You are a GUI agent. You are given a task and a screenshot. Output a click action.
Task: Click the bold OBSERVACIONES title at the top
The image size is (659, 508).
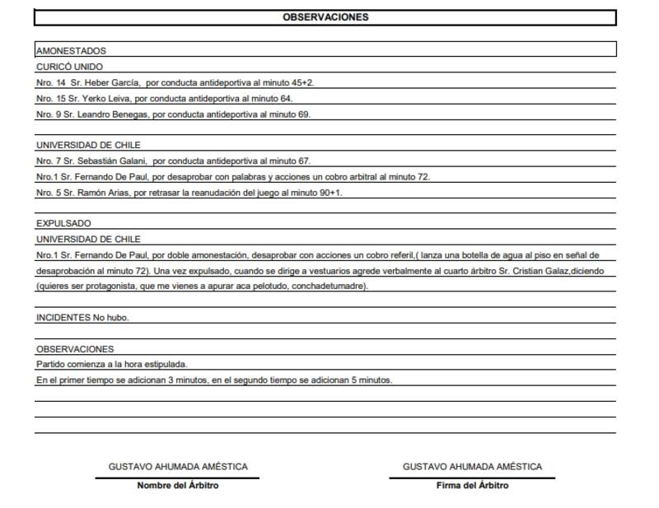pyautogui.click(x=325, y=16)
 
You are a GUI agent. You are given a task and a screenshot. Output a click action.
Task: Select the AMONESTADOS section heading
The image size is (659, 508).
pyautogui.click(x=71, y=51)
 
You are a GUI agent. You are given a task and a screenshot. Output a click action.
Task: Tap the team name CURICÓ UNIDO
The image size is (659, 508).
pyautogui.click(x=69, y=67)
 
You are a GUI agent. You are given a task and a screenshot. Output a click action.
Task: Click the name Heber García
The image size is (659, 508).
pyautogui.click(x=111, y=82)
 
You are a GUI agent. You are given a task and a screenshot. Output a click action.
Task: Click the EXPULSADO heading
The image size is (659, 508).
pyautogui.click(x=63, y=223)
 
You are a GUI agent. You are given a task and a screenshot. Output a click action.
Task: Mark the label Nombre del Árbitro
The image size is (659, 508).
pyautogui.click(x=177, y=486)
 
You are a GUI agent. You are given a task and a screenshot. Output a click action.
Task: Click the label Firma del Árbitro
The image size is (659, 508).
pyautogui.click(x=472, y=486)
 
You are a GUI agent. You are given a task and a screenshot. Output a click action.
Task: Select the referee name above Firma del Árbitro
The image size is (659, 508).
pyautogui.click(x=472, y=467)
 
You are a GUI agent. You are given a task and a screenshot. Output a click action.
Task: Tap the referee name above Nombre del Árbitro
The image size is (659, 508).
pyautogui.click(x=177, y=467)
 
